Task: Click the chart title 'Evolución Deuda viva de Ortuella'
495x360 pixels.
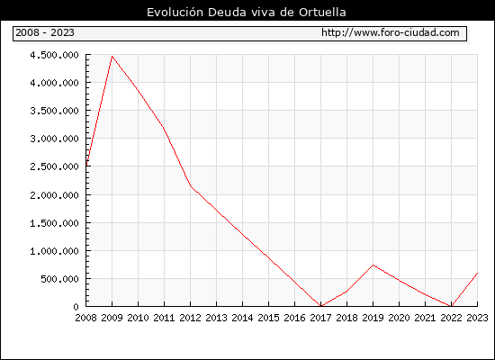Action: tap(247, 13)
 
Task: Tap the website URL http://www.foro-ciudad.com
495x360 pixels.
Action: tap(391, 32)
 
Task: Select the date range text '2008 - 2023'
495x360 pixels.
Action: tap(45, 32)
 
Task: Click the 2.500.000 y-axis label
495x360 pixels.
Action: tap(54, 166)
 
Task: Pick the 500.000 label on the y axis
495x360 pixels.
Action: tap(59, 279)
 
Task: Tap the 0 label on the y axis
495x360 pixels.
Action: tap(76, 307)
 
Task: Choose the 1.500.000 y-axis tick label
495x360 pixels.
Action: tap(54, 223)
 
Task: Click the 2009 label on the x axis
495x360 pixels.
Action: tap(112, 318)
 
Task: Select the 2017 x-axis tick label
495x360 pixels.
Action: tap(320, 318)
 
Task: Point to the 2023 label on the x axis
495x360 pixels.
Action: tap(477, 318)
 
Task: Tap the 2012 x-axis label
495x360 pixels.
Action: tap(191, 318)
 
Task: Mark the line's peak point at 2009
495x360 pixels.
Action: tap(112, 57)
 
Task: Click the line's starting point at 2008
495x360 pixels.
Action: tap(86, 166)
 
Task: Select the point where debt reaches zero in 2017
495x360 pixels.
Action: tap(320, 306)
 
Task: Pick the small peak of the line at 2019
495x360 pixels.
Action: tap(373, 265)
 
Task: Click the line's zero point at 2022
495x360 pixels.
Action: tap(451, 306)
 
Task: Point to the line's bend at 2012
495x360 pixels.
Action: tap(191, 185)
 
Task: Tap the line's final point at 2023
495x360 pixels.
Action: tap(477, 273)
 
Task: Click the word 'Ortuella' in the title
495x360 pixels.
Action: tap(322, 13)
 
